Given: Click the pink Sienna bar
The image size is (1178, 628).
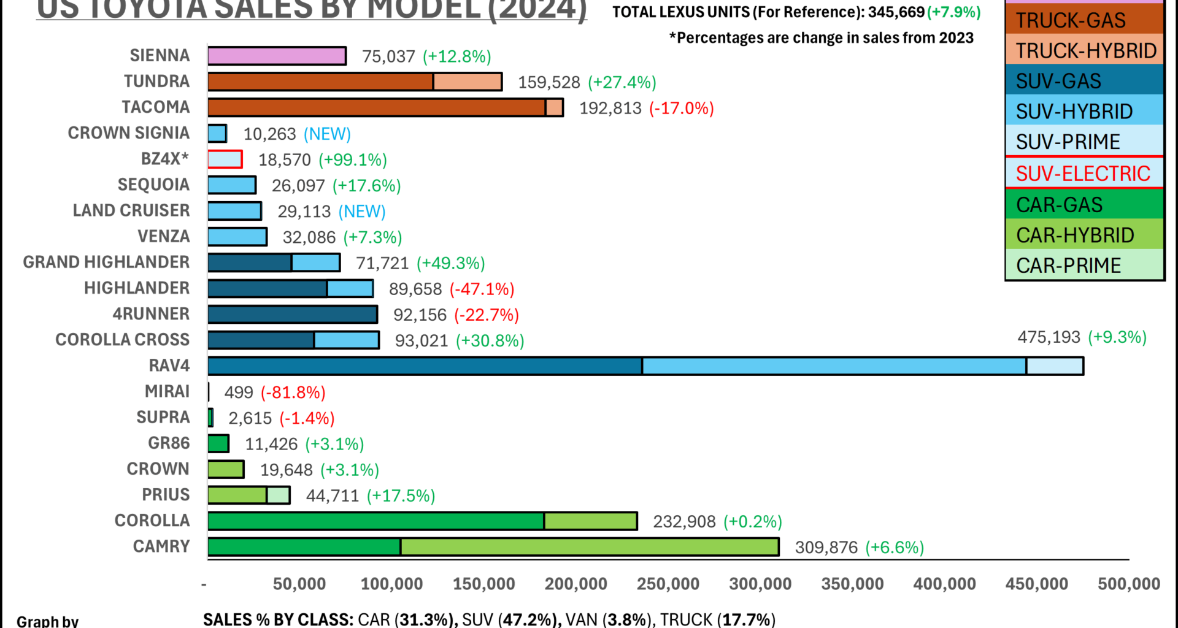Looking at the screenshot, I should pyautogui.click(x=277, y=56).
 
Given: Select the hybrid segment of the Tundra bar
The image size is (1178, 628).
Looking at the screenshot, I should pyautogui.click(x=468, y=82).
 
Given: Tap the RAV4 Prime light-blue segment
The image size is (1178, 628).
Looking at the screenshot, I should pyautogui.click(x=1054, y=366).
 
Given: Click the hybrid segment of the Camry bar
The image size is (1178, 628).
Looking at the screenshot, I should pyautogui.click(x=589, y=546).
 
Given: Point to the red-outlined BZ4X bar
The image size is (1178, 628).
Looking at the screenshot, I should pyautogui.click(x=225, y=159).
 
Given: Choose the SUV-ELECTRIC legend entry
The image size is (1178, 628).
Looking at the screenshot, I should pyautogui.click(x=1083, y=174).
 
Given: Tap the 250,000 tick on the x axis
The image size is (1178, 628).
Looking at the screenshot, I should pyautogui.click(x=668, y=584).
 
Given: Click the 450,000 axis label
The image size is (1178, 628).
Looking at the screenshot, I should pyautogui.click(x=1036, y=584).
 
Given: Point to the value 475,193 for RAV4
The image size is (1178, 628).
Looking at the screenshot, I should pyautogui.click(x=1049, y=337).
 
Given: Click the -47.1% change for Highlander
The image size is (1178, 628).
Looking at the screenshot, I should pyautogui.click(x=482, y=289).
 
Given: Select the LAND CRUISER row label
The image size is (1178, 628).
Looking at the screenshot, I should pyautogui.click(x=131, y=210).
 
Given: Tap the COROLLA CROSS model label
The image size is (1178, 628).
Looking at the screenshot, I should pyautogui.click(x=122, y=340).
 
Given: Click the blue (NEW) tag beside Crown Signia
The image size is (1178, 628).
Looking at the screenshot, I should pyautogui.click(x=327, y=134).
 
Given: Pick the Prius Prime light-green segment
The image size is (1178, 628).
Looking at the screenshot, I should pyautogui.click(x=278, y=495).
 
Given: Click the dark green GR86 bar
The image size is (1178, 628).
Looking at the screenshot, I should pyautogui.click(x=218, y=443).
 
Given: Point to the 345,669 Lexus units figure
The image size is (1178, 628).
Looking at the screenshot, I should pyautogui.click(x=896, y=12).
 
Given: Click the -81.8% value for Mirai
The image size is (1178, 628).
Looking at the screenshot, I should pyautogui.click(x=293, y=392).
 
